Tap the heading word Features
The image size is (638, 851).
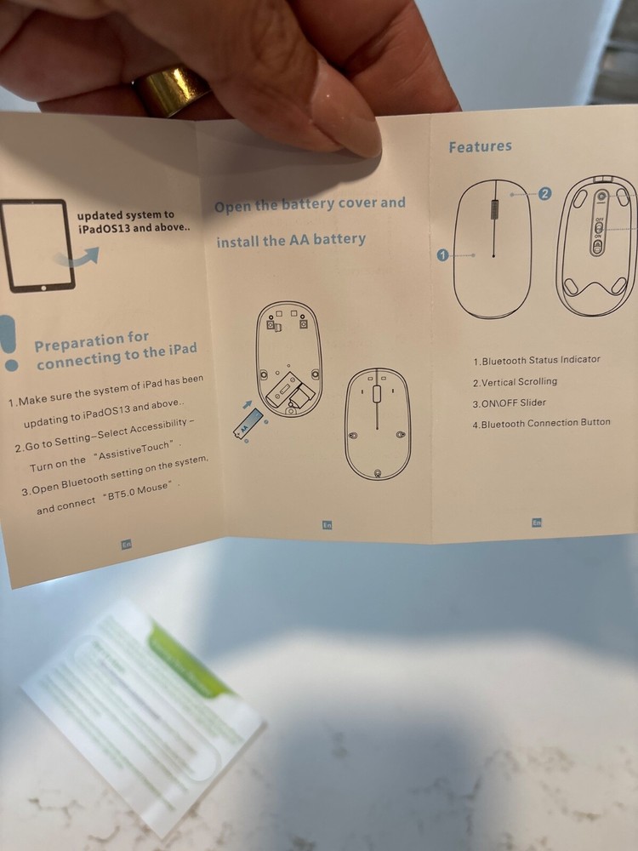pyautogui.click(x=481, y=146)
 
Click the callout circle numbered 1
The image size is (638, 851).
pyautogui.click(x=442, y=254)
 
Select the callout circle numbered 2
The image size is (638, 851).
pyautogui.click(x=545, y=193)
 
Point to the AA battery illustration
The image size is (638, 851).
pyautogui.click(x=248, y=423)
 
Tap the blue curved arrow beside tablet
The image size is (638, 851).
pyautogui.click(x=82, y=258)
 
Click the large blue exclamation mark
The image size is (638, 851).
pyautogui.click(x=9, y=343)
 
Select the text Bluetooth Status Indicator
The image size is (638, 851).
pyautogui.click(x=536, y=360)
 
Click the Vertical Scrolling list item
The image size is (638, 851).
pyautogui.click(x=515, y=382)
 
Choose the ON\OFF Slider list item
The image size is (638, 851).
pyautogui.click(x=509, y=403)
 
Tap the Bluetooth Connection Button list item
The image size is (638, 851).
pyautogui.click(x=541, y=423)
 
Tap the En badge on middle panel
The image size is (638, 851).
pyautogui.click(x=327, y=525)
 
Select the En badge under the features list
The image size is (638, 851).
pyautogui.click(x=536, y=523)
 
